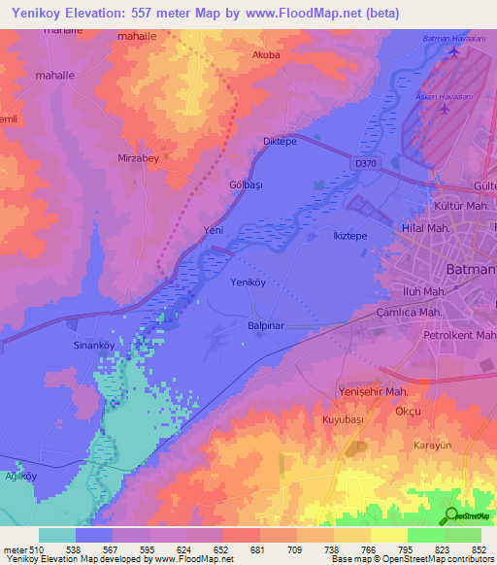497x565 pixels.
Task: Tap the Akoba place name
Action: tap(266, 55)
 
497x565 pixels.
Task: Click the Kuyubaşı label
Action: tap(341, 420)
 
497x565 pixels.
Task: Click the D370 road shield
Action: tap(366, 164)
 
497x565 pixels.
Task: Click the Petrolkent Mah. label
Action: tap(460, 335)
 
